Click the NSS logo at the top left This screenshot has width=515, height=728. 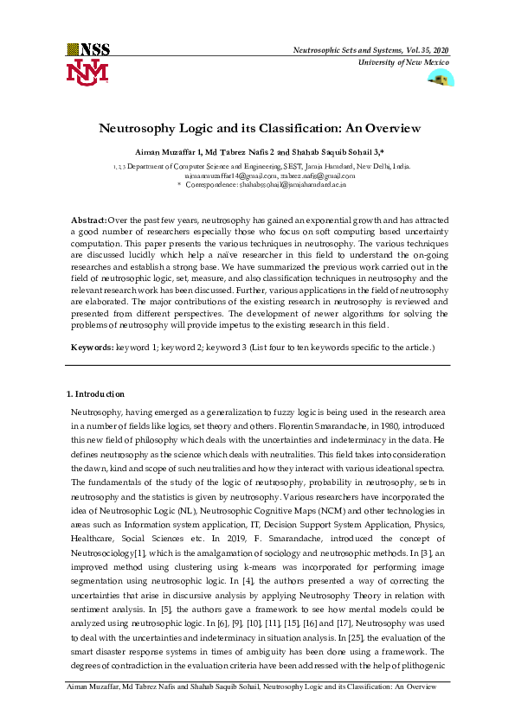(x=88, y=49)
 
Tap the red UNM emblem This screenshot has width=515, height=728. (x=87, y=72)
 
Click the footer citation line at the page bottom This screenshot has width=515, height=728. (x=251, y=709)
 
